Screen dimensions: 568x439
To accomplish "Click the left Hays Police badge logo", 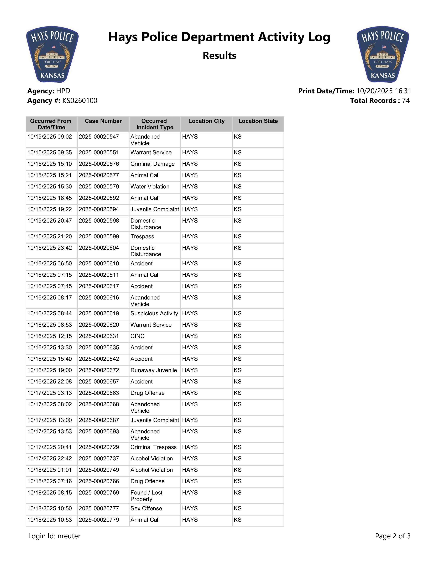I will [52, 54].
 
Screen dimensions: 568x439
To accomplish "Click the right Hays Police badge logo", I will [383, 54].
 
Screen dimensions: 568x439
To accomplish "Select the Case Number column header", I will [103, 121].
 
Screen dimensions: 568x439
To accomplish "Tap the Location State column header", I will [258, 121].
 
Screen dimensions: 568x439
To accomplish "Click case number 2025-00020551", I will [99, 153].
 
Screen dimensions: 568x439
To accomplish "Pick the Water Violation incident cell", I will [150, 187].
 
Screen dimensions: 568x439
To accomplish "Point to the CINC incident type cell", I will [138, 336].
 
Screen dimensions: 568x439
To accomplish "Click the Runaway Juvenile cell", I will [154, 370].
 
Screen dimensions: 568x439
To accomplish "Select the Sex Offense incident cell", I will [146, 508].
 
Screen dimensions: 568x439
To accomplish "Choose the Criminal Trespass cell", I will [153, 447].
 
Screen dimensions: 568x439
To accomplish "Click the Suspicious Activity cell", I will [154, 314].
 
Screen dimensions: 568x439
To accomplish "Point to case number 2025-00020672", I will [99, 370].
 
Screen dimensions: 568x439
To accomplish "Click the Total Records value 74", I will [406, 101].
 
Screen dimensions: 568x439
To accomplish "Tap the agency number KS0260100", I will [80, 101].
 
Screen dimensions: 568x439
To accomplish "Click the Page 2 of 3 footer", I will [393, 536].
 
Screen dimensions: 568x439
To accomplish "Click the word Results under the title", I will [219, 56].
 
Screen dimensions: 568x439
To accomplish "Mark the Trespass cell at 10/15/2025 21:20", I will [142, 237].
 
